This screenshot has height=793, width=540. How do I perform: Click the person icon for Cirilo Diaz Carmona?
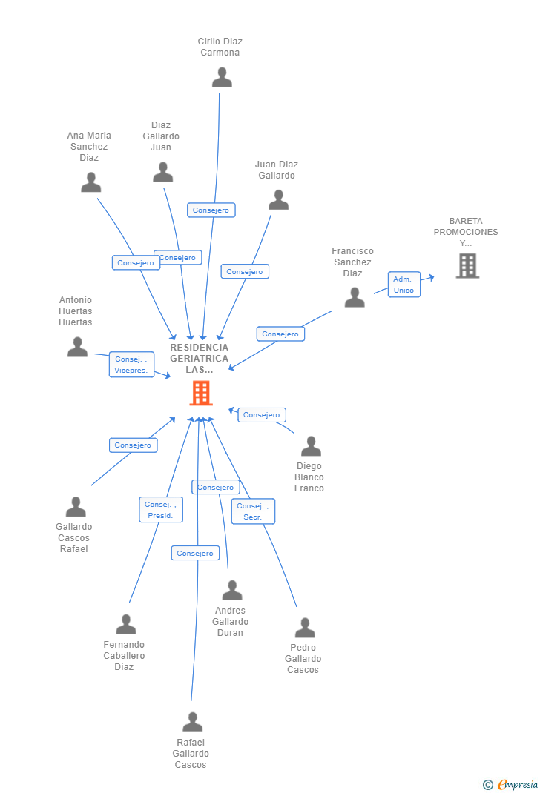tap(222, 77)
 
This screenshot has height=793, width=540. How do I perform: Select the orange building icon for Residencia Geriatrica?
tap(201, 393)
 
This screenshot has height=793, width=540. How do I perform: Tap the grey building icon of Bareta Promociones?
tap(467, 265)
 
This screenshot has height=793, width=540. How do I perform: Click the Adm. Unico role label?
tap(404, 285)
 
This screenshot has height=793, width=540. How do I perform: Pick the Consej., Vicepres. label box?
tap(131, 365)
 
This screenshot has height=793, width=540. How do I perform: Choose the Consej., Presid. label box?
tap(160, 510)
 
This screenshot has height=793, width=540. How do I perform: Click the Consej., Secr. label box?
tap(253, 511)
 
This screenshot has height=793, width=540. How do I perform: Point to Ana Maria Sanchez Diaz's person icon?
tap(91, 182)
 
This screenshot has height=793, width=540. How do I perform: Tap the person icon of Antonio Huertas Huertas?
tap(77, 347)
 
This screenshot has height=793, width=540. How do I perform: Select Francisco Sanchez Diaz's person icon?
tap(355, 297)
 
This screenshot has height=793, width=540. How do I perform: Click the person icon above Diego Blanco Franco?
tap(311, 446)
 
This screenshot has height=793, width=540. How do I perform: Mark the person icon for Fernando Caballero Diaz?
tap(126, 625)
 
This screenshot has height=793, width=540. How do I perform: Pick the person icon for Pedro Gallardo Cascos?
tap(305, 628)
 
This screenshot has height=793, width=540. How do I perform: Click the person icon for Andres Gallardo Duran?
tap(232, 591)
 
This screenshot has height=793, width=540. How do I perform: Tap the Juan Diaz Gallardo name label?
tap(277, 170)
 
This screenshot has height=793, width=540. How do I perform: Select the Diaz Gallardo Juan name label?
tap(161, 136)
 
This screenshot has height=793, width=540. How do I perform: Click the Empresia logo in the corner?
tap(511, 784)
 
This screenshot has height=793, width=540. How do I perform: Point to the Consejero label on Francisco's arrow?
tap(280, 334)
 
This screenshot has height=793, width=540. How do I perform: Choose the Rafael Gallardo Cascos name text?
tap(191, 753)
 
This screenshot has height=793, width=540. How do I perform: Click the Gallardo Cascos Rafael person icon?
tap(76, 507)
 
